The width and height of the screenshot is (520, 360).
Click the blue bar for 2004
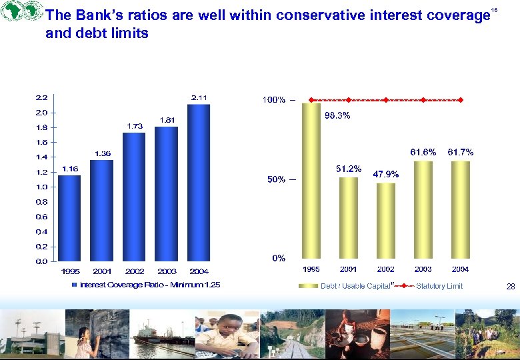[x=199, y=183]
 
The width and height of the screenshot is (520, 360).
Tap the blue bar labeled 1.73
[x=134, y=197]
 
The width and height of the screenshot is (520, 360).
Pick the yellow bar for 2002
[x=385, y=220]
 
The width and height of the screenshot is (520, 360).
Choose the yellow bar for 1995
[x=311, y=180]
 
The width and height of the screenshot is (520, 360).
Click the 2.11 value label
[x=199, y=98]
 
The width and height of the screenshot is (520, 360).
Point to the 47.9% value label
[x=386, y=174]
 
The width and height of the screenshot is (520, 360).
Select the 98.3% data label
[x=337, y=115]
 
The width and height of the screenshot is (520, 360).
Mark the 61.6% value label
[x=423, y=152]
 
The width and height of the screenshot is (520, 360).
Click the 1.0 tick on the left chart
[x=41, y=187]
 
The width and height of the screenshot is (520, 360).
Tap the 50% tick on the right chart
[x=277, y=179]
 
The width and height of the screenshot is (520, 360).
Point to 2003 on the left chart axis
[x=167, y=271]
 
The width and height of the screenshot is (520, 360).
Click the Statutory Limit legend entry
[x=439, y=286]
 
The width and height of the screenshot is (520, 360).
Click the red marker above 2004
[x=461, y=100]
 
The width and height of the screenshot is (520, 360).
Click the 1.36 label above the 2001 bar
[x=102, y=153]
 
